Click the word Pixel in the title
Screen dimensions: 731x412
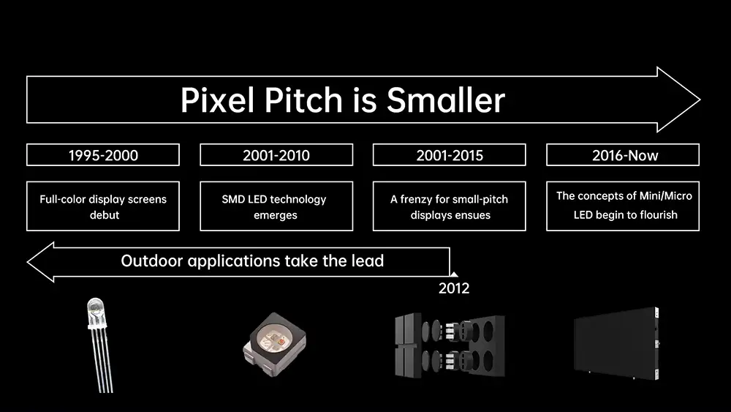219,100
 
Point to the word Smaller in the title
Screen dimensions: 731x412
446,100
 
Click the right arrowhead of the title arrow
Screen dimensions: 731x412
678,100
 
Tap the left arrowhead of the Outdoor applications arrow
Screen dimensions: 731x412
41,262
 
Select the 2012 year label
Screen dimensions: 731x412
454,288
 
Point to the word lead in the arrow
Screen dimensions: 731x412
368,261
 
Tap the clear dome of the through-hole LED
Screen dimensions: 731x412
96,311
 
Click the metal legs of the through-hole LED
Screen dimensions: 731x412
104,361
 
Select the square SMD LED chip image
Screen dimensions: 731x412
275,345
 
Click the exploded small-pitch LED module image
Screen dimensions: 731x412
450,345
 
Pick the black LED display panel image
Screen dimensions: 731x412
617,343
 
